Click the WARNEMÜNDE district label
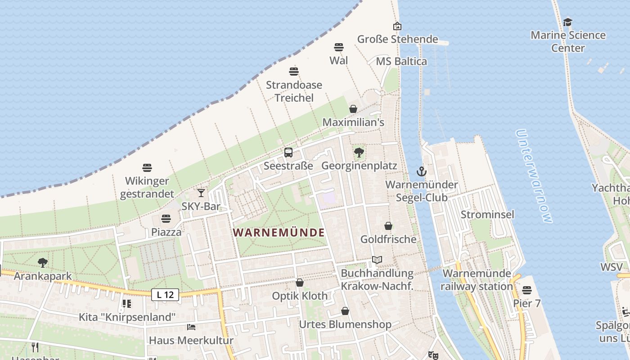click(279, 233)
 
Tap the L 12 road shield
click(165, 295)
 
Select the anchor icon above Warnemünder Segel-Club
click(421, 171)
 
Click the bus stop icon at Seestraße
click(288, 153)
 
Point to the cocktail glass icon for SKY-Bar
click(201, 193)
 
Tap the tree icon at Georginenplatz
click(359, 153)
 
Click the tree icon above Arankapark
click(43, 262)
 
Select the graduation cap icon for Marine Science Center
click(568, 22)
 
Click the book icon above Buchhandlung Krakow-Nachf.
click(377, 260)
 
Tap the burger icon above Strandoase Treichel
click(294, 71)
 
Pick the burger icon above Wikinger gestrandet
click(147, 168)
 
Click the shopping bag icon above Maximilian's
click(353, 109)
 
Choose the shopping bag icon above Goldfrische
click(388, 226)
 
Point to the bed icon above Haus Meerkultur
click(191, 327)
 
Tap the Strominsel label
click(487, 214)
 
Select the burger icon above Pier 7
click(527, 290)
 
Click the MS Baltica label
click(401, 61)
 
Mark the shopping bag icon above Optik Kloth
click(300, 283)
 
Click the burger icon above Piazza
click(166, 219)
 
